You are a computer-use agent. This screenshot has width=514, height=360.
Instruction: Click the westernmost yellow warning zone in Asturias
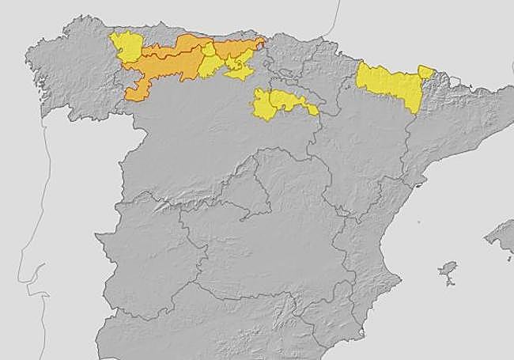click(x=125, y=47)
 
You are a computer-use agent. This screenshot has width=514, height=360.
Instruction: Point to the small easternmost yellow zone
click(x=426, y=72)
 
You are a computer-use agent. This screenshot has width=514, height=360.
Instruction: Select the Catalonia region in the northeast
click(x=451, y=119)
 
